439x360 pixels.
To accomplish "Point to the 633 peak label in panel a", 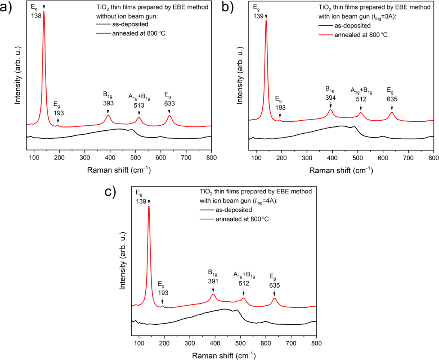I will [x=169, y=103].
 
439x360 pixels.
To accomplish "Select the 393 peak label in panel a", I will [x=108, y=103].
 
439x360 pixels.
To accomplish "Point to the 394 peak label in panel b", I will [x=331, y=98].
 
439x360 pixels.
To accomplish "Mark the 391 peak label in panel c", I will [x=213, y=281].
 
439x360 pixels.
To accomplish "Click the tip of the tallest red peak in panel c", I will [x=149, y=206].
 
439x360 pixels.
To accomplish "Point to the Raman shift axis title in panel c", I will [x=224, y=355].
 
